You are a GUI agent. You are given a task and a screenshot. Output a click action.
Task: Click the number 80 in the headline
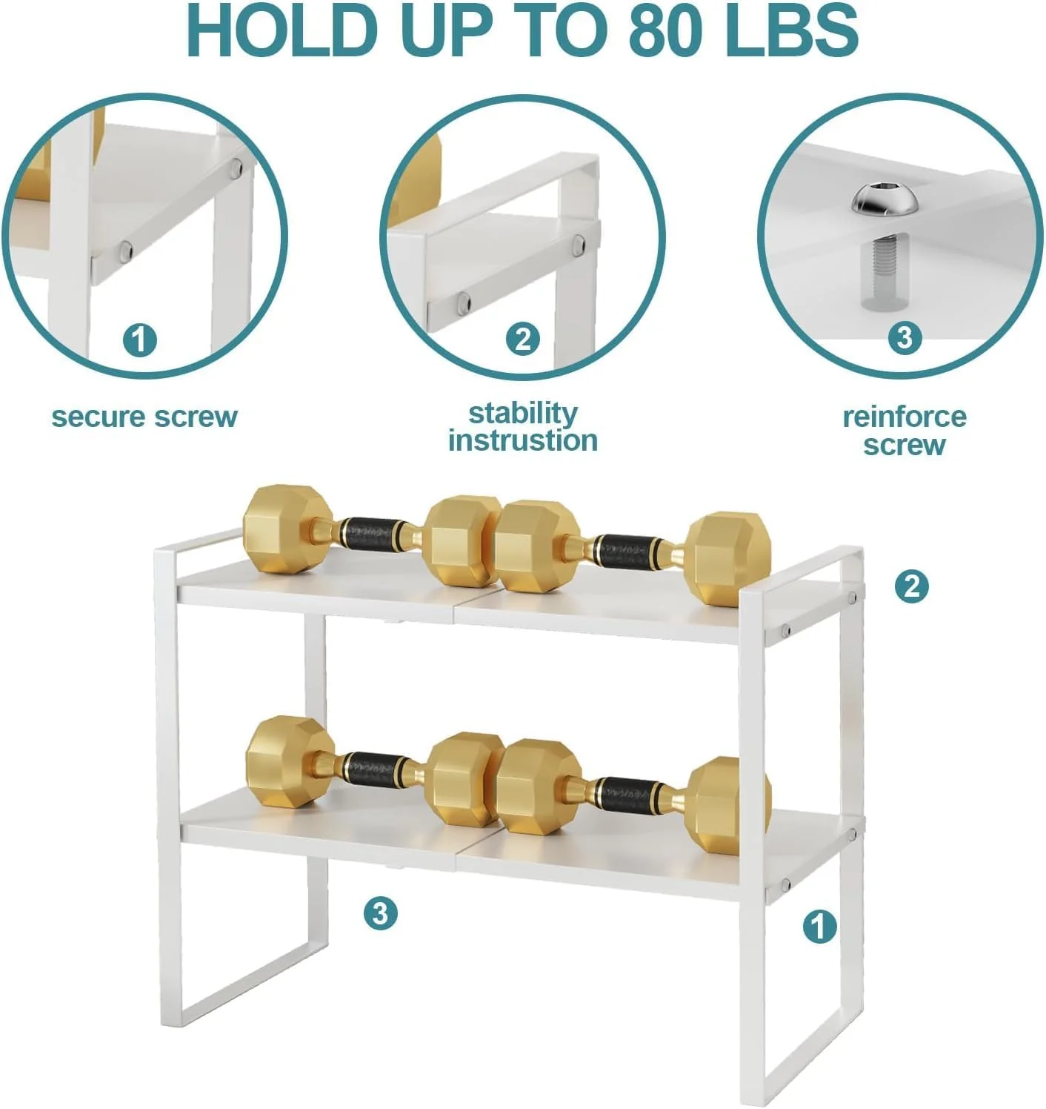664,30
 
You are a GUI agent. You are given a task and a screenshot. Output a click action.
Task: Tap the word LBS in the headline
791,30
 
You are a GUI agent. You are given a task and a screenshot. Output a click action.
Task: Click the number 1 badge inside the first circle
139,340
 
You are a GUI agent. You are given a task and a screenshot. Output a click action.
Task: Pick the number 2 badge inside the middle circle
523,339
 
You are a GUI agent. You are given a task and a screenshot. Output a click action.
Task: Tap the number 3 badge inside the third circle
905,337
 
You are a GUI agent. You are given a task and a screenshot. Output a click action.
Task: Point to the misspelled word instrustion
523,440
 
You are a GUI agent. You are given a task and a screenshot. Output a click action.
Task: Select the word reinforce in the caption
905,417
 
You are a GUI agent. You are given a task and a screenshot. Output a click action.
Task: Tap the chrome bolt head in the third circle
885,199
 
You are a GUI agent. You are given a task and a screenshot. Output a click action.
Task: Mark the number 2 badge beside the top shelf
911,587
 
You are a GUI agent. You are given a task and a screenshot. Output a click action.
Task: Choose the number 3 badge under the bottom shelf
380,913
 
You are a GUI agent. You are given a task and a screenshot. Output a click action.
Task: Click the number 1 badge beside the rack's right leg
819,927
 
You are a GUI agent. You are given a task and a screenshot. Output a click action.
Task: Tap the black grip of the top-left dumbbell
369,533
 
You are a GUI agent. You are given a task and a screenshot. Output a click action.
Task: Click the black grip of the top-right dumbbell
624,550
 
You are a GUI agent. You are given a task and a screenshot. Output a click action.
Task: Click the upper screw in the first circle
237,166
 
